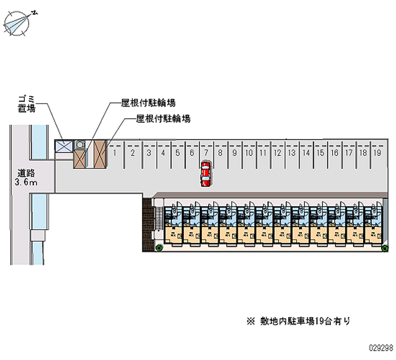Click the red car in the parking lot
point(205,174)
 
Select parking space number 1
point(115,153)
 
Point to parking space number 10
point(249,153)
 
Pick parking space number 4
point(163,153)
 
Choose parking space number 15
point(320,153)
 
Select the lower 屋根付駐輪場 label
point(163,119)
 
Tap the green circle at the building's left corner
point(159,248)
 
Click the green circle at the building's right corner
point(385,248)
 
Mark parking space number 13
point(292,153)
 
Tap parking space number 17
point(349,153)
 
